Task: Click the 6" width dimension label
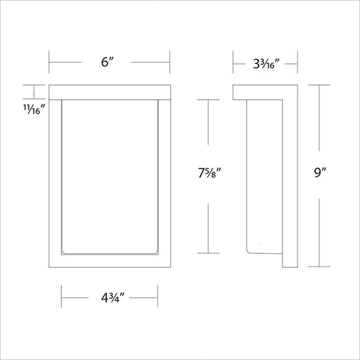point(108,62)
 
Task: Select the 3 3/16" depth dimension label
point(266,64)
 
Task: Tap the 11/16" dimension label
point(34,109)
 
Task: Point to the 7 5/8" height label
point(210,174)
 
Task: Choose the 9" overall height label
point(320,173)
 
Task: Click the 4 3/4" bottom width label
point(112,298)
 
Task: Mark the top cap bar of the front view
point(110,92)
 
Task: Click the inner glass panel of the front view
point(110,177)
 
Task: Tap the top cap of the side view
point(258,92)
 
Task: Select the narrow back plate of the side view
point(290,184)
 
